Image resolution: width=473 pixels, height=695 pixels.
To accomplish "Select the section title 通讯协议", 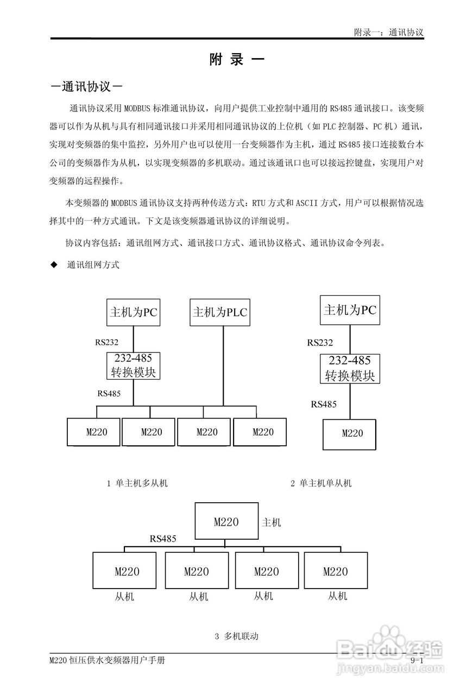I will [x=85, y=86].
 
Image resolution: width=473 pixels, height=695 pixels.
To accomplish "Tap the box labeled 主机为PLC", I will [x=220, y=312].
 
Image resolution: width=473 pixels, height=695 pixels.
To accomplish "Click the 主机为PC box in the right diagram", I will [x=350, y=310].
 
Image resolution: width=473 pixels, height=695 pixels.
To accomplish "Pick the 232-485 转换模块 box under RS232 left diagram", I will [x=133, y=365].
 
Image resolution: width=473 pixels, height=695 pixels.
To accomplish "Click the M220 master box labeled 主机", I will [x=226, y=522].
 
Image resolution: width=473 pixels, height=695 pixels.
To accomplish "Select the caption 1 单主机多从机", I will [x=137, y=483].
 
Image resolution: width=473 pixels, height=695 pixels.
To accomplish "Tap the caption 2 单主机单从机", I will [x=321, y=483].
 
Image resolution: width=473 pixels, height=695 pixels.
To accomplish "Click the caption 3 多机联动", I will [x=236, y=636].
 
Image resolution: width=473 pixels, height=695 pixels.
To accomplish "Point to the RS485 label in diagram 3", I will [x=163, y=539].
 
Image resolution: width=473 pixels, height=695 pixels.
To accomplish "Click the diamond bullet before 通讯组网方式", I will [x=53, y=265].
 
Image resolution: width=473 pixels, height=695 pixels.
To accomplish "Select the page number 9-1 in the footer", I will [x=417, y=660].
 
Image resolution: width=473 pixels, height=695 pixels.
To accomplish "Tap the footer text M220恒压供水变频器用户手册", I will [x=107, y=660].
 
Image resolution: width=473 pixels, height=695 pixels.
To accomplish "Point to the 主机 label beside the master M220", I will [x=272, y=522].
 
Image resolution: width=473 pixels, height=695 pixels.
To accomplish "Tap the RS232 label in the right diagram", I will [x=320, y=343].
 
